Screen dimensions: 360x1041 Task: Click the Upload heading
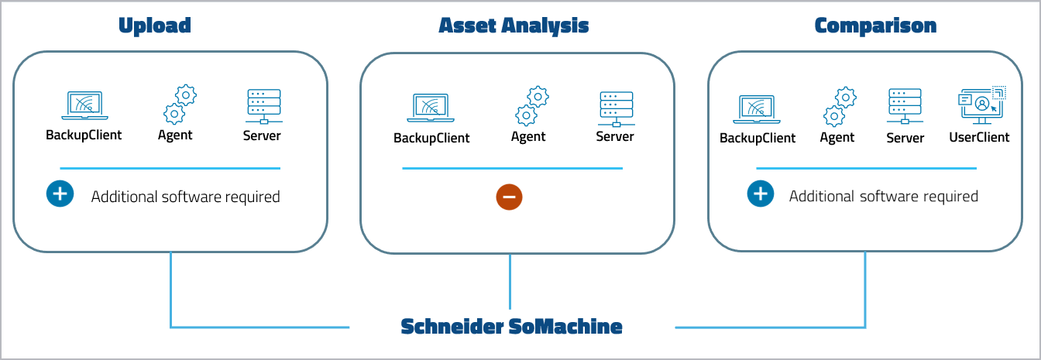(154, 26)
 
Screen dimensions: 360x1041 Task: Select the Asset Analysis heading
(514, 26)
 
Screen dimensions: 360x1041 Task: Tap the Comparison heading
(875, 26)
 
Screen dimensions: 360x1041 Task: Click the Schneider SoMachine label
(511, 327)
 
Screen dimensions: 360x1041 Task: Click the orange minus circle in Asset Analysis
(510, 197)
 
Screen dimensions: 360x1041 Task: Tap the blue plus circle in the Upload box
(60, 194)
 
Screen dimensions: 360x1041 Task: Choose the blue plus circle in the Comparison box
(761, 194)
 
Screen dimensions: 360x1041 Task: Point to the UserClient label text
(979, 137)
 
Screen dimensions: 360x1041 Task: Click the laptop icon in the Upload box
(84, 106)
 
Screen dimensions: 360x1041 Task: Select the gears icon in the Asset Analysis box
(532, 107)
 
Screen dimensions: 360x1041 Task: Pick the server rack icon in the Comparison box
(904, 107)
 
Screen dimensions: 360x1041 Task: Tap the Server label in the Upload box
(262, 135)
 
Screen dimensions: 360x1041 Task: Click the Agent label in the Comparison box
(837, 137)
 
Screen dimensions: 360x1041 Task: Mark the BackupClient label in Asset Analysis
(431, 138)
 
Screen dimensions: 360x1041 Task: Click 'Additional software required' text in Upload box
(185, 197)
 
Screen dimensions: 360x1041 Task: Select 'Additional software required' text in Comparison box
(883, 197)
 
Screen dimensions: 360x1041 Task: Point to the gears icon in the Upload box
(179, 105)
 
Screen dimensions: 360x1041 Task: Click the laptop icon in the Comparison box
(757, 109)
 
